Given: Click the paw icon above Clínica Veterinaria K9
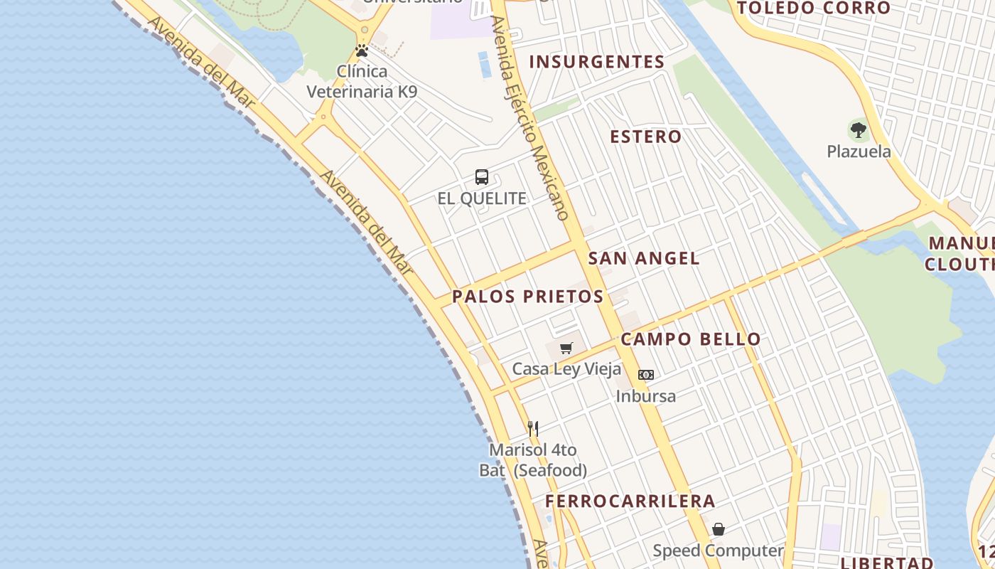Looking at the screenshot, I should coord(362,51).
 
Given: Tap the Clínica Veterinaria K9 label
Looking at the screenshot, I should coord(362,81).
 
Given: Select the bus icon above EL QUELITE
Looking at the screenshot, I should coord(482,177).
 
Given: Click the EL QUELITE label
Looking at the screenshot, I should coord(482,198).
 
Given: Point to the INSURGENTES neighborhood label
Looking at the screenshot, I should coord(597,62).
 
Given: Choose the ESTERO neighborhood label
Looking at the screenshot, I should coord(646,137).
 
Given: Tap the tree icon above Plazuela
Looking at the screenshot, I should coord(859,130).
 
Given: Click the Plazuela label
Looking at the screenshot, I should coord(859,151).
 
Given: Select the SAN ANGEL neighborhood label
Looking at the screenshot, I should coord(644,258).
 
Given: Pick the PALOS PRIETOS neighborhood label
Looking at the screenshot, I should coord(528,297).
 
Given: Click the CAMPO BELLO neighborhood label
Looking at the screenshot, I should coord(691,339).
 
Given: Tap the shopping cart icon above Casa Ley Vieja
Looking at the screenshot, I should coord(566,349).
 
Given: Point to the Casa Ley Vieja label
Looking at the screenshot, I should coord(566,369).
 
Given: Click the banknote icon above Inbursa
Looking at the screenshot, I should coord(646,375).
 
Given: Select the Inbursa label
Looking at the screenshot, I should coord(646,396).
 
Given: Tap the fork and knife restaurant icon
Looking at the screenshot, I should coord(533,428).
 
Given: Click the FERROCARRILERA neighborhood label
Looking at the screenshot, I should coord(630,501).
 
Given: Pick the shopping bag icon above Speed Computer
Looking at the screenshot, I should coord(719,529).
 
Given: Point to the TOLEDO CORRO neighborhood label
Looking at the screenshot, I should coord(814,9).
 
